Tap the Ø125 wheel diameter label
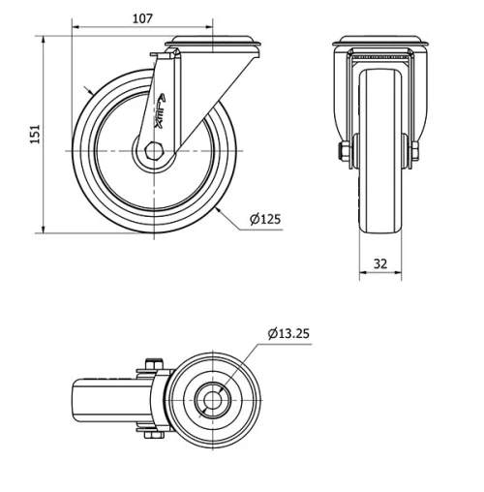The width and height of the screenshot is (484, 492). click(x=264, y=220)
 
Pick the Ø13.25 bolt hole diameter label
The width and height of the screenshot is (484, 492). click(x=289, y=334)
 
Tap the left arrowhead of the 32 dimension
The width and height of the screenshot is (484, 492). click(x=362, y=274)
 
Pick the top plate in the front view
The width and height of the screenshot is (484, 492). click(x=378, y=44)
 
